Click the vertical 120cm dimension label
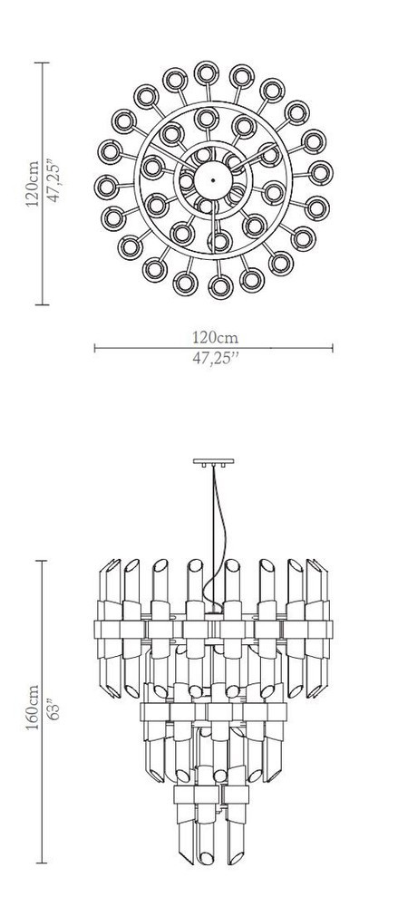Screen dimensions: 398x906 [x=33, y=184]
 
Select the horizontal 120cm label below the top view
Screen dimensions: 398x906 [x=215, y=337]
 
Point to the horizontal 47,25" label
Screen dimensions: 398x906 [x=215, y=358]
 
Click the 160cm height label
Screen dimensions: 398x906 [x=33, y=707]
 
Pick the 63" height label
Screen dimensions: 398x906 [x=53, y=708]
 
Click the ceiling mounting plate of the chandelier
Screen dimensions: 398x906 [x=213, y=462]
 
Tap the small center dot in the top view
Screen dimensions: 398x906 [x=213, y=181]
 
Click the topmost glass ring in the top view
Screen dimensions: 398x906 [x=207, y=72]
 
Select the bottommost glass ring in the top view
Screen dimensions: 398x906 [x=221, y=286]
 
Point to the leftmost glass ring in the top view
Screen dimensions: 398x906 [x=107, y=187]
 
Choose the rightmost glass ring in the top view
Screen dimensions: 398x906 [x=320, y=173]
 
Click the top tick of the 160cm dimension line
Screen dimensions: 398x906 [x=42, y=561]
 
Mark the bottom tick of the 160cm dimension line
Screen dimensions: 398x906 [x=42, y=863]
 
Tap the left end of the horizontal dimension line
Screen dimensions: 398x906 [x=94, y=348]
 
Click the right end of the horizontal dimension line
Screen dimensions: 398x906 [x=333, y=348]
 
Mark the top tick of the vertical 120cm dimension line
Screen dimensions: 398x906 [x=42, y=63]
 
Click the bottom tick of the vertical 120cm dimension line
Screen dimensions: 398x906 [x=42, y=304]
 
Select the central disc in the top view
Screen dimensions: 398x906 [x=213, y=181]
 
